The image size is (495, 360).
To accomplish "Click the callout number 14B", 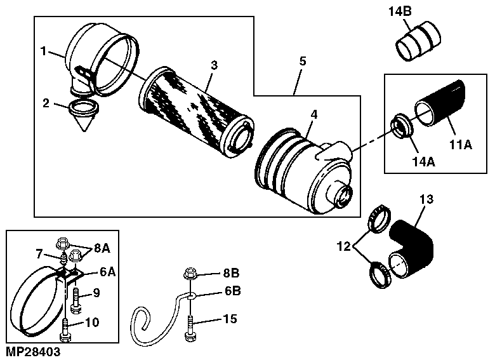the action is [400, 11].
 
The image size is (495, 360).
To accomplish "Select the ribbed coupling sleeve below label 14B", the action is [418, 41].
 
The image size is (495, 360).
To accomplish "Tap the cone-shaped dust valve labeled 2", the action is [84, 115].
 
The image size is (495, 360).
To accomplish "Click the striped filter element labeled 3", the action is [197, 111].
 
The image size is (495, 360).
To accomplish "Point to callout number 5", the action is [303, 61].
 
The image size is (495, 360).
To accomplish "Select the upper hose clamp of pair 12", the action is [379, 219].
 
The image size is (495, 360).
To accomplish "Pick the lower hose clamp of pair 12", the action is [379, 274].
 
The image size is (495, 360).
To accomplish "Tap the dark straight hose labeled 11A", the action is [440, 103].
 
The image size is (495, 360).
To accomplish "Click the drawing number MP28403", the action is [33, 352].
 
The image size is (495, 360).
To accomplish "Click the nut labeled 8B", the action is [190, 274].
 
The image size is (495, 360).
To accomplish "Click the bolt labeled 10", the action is [65, 330].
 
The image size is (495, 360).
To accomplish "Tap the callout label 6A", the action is [108, 272].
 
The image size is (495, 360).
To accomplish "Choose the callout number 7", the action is [39, 253].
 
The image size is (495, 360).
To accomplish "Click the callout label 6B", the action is [233, 291].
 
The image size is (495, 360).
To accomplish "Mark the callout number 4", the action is [313, 115].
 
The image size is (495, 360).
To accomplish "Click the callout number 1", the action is [44, 51].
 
